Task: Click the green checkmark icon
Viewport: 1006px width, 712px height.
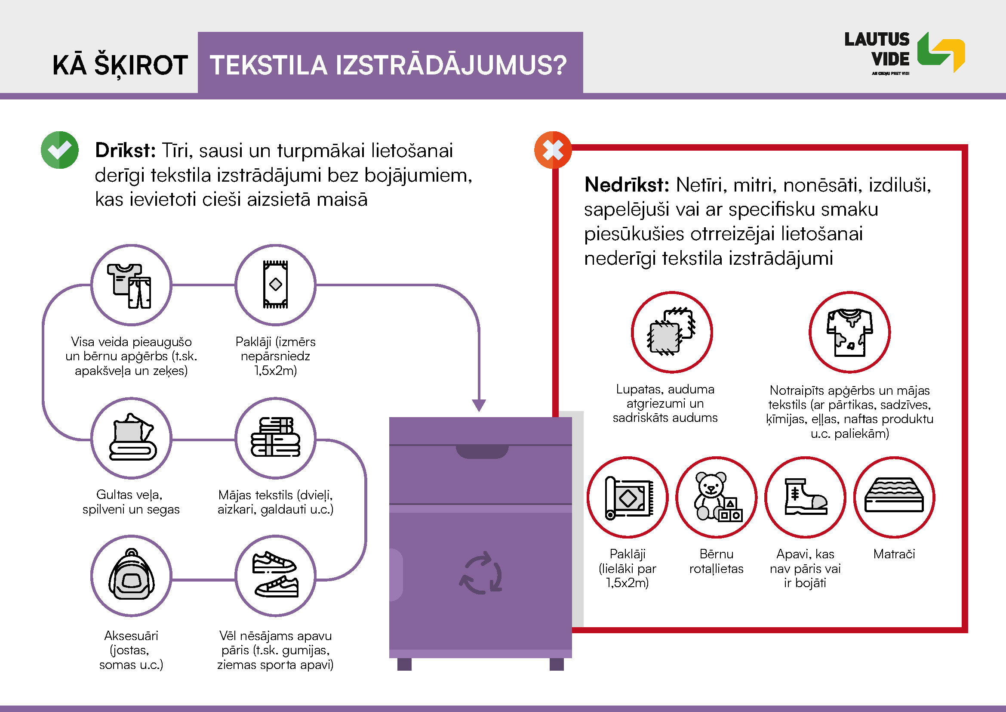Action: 60,150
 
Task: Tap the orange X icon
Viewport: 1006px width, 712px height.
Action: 553,150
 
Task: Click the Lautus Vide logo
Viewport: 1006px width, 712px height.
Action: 904,53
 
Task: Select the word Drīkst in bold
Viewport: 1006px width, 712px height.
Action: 125,150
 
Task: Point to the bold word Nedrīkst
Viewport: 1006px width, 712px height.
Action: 627,185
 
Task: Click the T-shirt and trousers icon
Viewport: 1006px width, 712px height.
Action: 130,286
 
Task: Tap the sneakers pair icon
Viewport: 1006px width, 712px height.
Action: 276,574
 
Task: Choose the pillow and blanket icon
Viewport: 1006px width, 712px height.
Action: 132,436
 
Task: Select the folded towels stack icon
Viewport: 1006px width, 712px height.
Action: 276,437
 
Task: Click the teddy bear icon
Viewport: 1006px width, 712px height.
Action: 717,497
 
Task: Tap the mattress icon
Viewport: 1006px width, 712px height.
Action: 894,495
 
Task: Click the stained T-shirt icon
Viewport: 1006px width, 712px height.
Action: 849,332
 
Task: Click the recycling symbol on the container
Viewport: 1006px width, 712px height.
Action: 481,573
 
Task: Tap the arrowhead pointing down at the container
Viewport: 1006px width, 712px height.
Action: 479,406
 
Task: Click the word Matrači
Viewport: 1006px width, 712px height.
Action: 894,554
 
